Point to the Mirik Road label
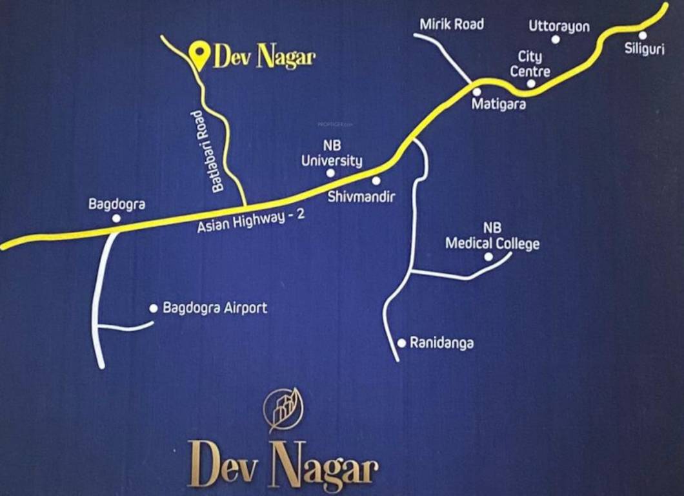click(x=452, y=25)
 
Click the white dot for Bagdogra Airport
click(x=154, y=308)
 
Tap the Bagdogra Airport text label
click(x=215, y=308)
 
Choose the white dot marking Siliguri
click(x=643, y=35)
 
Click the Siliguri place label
click(x=645, y=49)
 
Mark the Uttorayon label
click(x=559, y=26)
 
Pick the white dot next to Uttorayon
click(x=556, y=39)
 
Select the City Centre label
click(x=530, y=65)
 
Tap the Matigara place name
click(x=499, y=103)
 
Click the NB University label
click(x=332, y=154)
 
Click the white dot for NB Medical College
click(x=488, y=256)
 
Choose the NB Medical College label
click(x=492, y=236)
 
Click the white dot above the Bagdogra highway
click(x=116, y=218)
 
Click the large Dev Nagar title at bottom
click(x=285, y=464)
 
